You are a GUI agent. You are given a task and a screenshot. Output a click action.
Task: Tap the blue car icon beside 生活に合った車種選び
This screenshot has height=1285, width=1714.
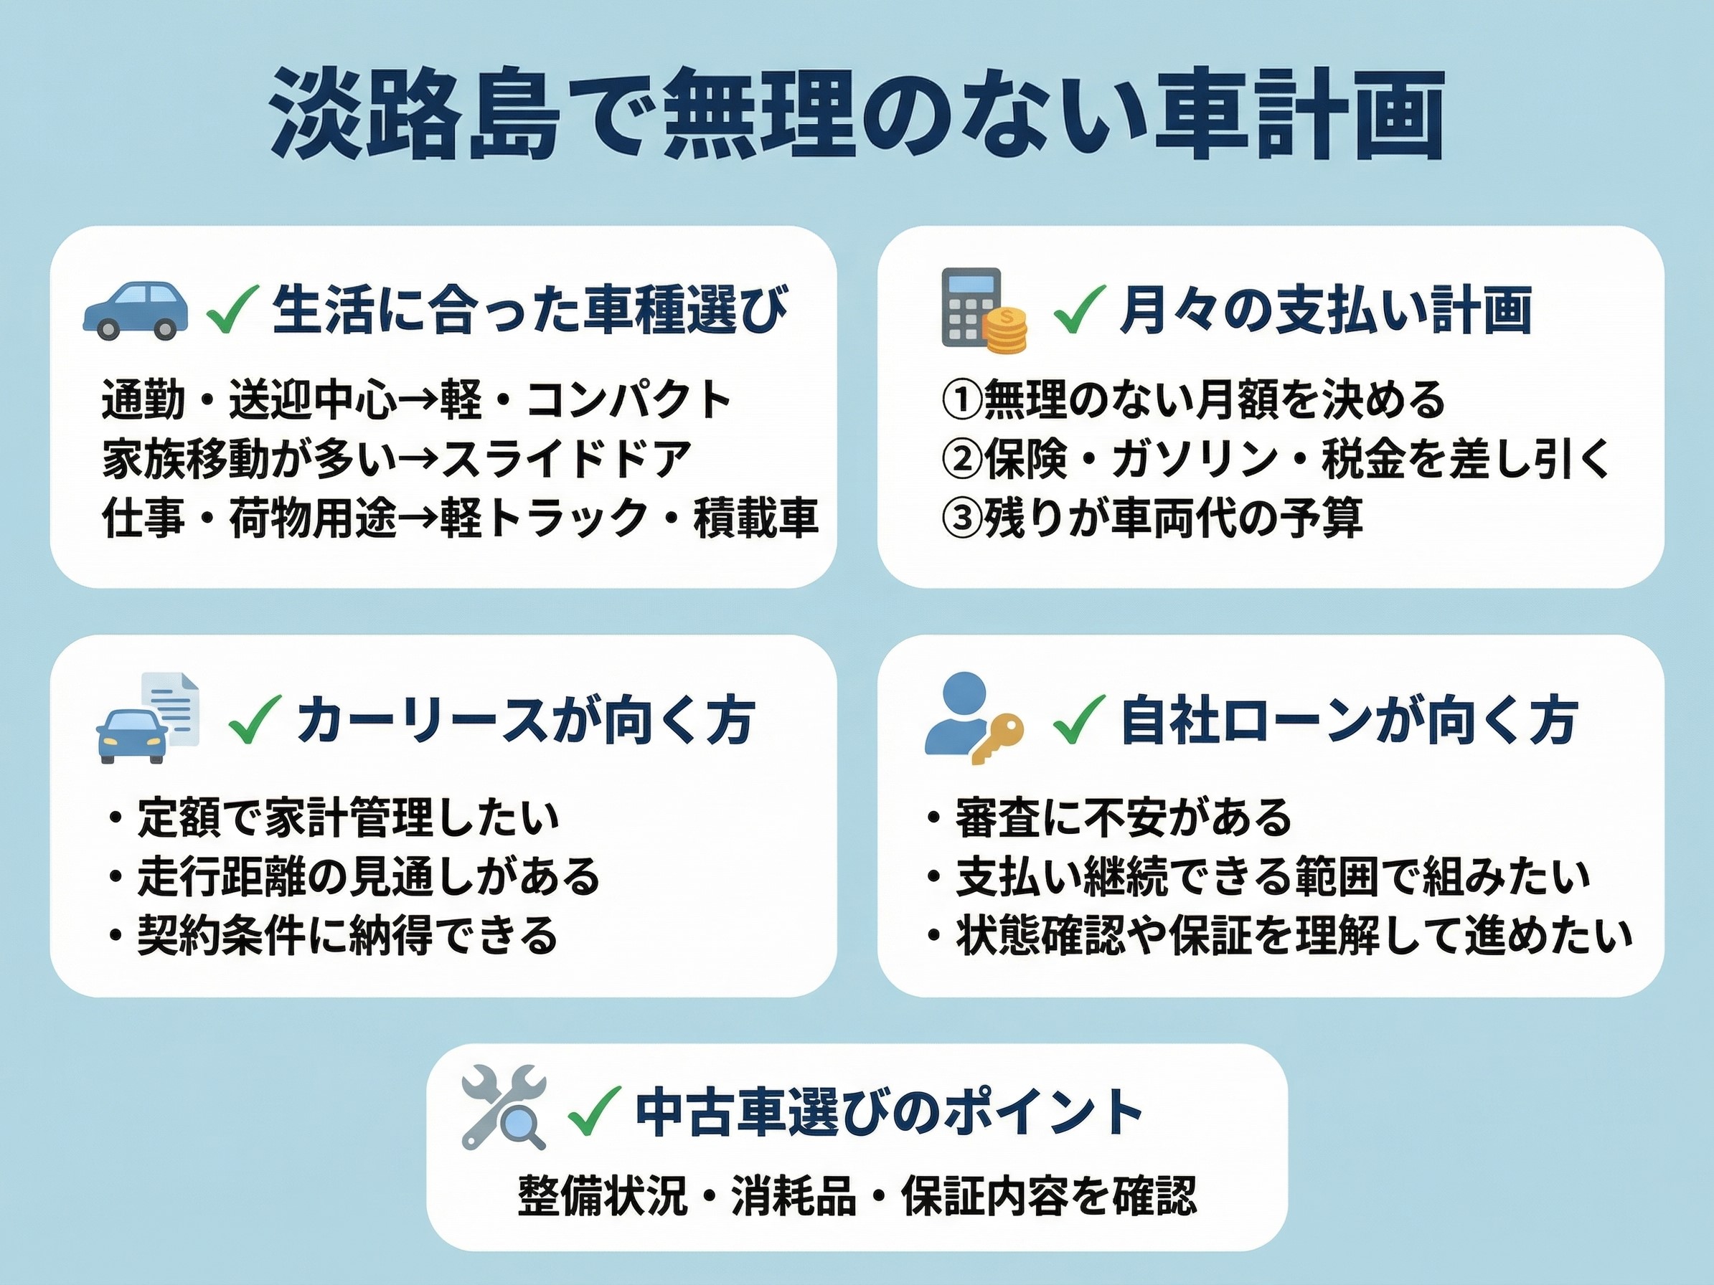[136, 310]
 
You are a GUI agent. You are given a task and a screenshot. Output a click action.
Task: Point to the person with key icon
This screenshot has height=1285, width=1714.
[974, 718]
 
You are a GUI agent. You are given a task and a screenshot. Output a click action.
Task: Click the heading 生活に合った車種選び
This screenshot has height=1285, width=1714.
[530, 310]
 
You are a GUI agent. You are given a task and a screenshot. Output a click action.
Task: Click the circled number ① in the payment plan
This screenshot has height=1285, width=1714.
[961, 399]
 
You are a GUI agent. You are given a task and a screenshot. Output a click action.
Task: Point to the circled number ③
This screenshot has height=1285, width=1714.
[961, 518]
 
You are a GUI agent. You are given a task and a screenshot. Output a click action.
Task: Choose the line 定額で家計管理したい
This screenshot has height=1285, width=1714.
[348, 818]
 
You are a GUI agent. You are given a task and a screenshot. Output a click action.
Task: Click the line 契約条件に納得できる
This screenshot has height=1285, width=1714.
[348, 936]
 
